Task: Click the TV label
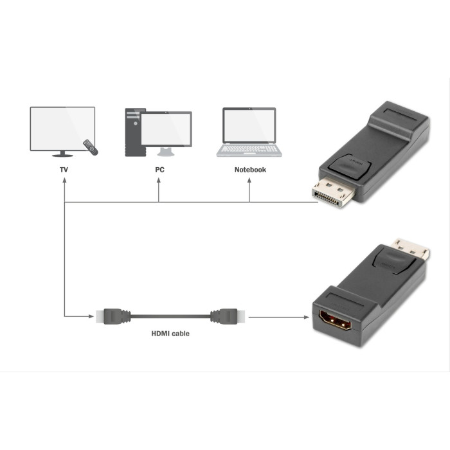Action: [x=64, y=170]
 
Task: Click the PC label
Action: [x=159, y=170]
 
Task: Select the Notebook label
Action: [x=249, y=170]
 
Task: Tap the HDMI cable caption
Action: [x=170, y=334]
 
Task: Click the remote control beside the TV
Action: [x=91, y=147]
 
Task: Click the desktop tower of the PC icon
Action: [x=132, y=132]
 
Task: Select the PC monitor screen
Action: [x=166, y=129]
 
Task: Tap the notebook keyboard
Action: [x=249, y=150]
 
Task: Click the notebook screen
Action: [x=249, y=125]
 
